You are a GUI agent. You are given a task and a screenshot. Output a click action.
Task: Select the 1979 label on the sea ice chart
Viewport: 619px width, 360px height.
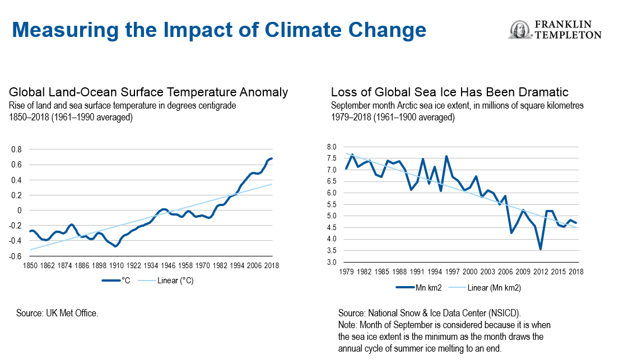click(x=346, y=272)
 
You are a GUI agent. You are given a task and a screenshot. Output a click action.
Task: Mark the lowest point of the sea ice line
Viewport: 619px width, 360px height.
click(x=540, y=249)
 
